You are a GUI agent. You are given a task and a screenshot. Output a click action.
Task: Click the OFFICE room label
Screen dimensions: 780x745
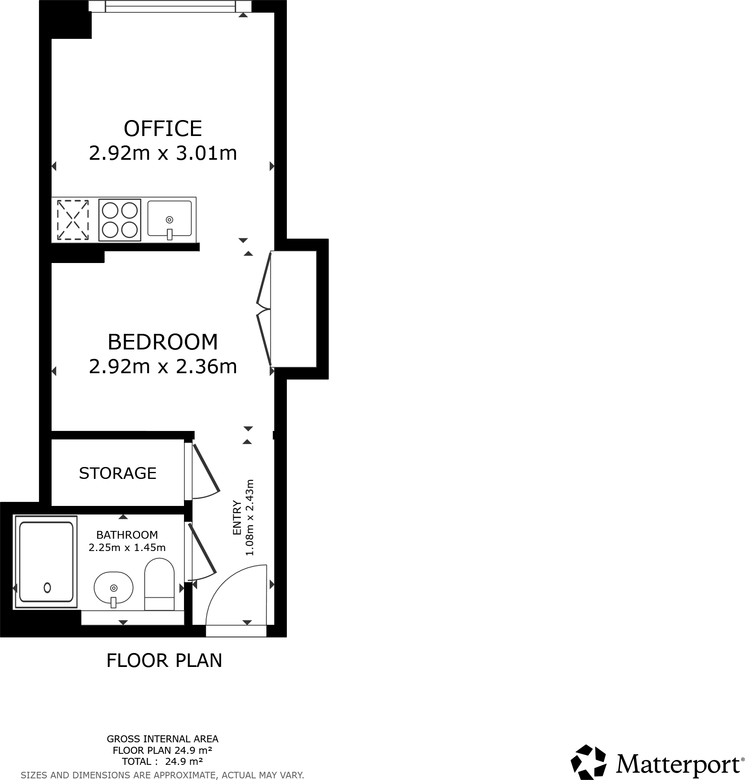pos(163,129)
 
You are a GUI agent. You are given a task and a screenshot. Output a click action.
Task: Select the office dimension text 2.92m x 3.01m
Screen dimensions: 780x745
pos(163,154)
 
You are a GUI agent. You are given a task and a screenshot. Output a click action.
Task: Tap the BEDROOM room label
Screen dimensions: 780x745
pos(163,342)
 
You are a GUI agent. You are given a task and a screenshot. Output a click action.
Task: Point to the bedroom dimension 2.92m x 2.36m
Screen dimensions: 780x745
pos(163,367)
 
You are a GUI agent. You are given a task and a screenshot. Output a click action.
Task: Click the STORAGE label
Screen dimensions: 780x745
pos(118,473)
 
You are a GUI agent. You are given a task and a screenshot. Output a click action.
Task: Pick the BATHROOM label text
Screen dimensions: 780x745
pos(127,535)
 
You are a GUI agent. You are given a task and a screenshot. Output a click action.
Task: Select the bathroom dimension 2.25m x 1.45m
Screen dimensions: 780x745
pos(127,547)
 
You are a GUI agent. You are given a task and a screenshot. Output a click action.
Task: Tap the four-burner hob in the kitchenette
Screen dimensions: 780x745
pos(120,220)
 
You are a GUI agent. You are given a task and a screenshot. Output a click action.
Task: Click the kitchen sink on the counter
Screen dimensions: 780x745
pos(169,219)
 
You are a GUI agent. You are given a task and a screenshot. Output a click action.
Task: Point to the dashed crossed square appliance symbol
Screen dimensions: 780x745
pos(73,220)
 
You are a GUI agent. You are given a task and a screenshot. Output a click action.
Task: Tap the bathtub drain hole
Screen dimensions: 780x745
pos(47,587)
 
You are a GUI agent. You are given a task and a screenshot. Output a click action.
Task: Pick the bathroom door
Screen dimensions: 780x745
pos(202,549)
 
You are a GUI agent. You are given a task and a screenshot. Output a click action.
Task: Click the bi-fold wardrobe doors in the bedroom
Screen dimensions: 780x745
pos(264,309)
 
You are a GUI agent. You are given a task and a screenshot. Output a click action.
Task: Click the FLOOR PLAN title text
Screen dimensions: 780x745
pos(164,661)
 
